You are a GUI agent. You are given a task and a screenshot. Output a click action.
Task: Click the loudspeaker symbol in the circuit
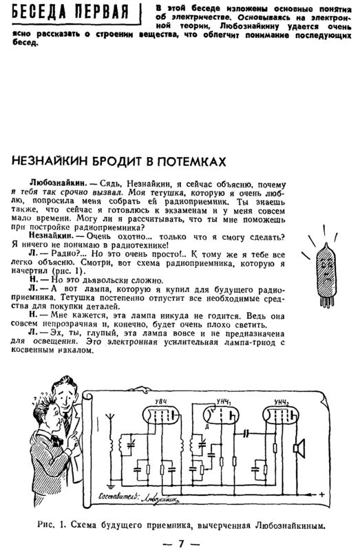pos(300,448)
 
